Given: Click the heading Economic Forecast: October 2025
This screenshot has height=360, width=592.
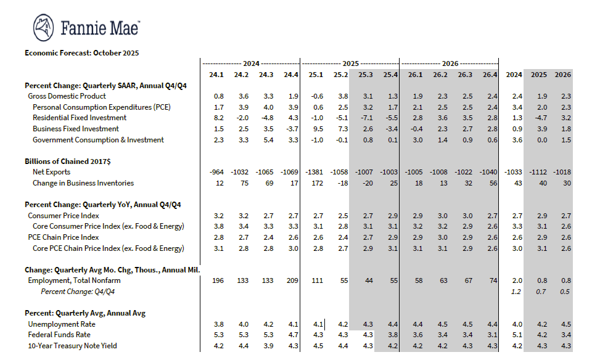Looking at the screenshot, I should tap(81, 53).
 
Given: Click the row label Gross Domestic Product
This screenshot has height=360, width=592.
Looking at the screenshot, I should tap(67, 96).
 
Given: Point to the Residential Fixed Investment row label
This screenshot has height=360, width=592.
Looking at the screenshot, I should tap(80, 118).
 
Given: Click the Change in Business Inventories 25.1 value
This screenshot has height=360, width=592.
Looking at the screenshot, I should tap(316, 183).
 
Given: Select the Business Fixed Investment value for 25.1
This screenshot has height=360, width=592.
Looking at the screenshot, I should tap(317, 129).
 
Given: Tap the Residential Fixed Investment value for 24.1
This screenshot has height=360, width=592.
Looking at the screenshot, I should tap(218, 118).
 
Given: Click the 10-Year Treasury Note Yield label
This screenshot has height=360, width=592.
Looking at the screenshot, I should tap(73, 346).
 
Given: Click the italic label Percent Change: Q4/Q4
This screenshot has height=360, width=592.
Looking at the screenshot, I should tap(78, 292).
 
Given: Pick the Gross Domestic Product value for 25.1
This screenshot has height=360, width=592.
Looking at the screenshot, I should tap(316, 96).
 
